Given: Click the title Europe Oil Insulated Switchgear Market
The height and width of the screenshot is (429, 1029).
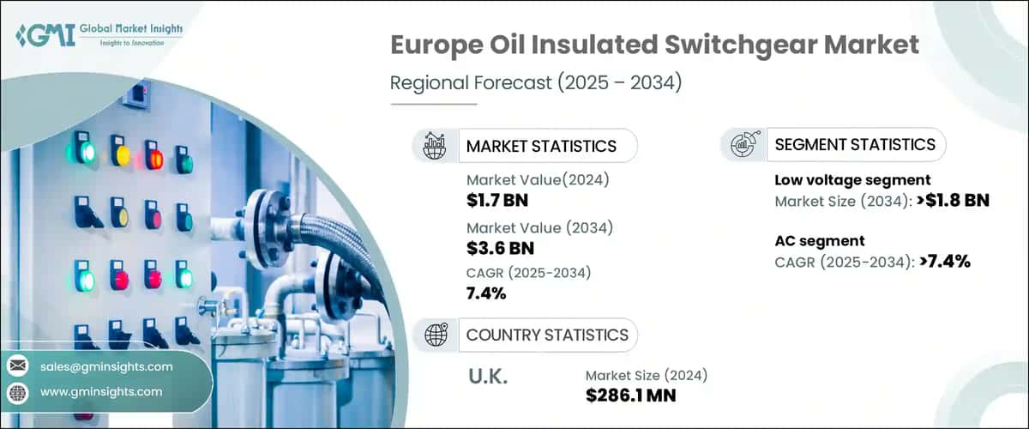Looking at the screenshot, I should click(654, 45).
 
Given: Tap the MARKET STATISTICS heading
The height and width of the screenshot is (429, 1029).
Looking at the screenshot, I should click(540, 146).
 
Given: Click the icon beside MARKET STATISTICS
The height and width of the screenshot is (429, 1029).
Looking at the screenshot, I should click(435, 146).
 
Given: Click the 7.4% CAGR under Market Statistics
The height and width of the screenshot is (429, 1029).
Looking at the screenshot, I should click(486, 294).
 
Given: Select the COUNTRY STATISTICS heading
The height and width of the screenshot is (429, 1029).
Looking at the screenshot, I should click(546, 335).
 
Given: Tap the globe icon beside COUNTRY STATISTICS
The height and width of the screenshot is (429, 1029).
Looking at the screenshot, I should click(435, 335).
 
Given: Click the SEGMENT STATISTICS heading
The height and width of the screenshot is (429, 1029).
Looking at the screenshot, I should click(854, 145).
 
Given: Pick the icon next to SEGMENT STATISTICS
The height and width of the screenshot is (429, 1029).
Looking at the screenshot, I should click(743, 145).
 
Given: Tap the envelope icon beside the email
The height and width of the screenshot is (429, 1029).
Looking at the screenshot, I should click(17, 366).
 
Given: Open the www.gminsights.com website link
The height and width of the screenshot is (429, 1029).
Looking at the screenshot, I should click(101, 392).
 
